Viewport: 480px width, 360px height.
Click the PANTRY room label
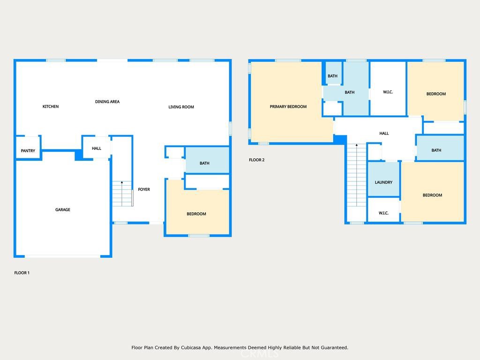pyautogui.click(x=28, y=150)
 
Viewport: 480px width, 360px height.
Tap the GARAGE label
pyautogui.click(x=63, y=210)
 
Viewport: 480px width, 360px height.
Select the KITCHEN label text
pyautogui.click(x=51, y=106)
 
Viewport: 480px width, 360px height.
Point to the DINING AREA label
pyautogui.click(x=107, y=102)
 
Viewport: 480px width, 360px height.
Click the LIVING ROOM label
pyautogui.click(x=181, y=107)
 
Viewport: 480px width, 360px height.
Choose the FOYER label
pyautogui.click(x=144, y=189)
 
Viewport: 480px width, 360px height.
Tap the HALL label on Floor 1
pyautogui.click(x=97, y=149)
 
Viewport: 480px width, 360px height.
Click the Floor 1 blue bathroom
pyautogui.click(x=207, y=160)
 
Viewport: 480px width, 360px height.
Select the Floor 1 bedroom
pyautogui.click(x=197, y=211)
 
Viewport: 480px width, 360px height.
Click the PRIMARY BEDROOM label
pyautogui.click(x=288, y=106)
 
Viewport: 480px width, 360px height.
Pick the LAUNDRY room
pyautogui.click(x=383, y=179)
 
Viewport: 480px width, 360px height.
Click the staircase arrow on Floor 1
pyautogui.click(x=122, y=194)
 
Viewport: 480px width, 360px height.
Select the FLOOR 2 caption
pyautogui.click(x=256, y=160)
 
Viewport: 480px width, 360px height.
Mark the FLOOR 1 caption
pyautogui.click(x=22, y=273)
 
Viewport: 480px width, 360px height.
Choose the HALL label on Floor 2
pyautogui.click(x=384, y=134)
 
